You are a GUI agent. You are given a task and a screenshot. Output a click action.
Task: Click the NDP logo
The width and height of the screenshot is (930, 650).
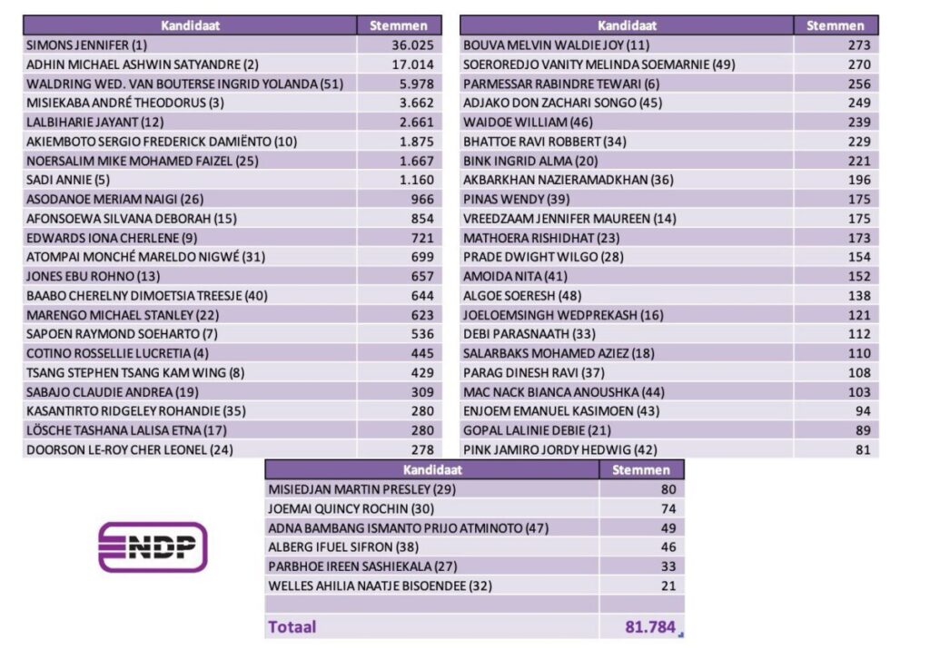coord(153,547)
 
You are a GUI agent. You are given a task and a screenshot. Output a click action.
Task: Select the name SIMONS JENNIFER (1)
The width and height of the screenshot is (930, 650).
coord(86,45)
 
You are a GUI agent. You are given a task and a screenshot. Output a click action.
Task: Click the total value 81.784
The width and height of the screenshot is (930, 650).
coord(648,626)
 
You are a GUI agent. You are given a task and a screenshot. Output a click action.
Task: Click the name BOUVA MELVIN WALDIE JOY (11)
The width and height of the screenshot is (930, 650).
coord(556,45)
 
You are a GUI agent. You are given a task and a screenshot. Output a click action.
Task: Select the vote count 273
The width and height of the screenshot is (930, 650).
coord(858,45)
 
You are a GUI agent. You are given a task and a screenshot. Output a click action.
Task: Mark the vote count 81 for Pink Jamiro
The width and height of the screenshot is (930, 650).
coord(862,449)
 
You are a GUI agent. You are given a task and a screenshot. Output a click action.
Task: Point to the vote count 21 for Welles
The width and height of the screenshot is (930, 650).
coord(668,586)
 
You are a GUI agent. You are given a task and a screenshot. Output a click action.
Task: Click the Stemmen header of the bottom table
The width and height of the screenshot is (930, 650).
coord(641,470)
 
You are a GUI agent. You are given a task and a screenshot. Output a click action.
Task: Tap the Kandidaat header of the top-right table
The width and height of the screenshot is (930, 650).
coord(627,25)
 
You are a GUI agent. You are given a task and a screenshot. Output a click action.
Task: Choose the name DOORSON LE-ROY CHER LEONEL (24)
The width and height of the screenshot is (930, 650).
coord(117,449)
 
